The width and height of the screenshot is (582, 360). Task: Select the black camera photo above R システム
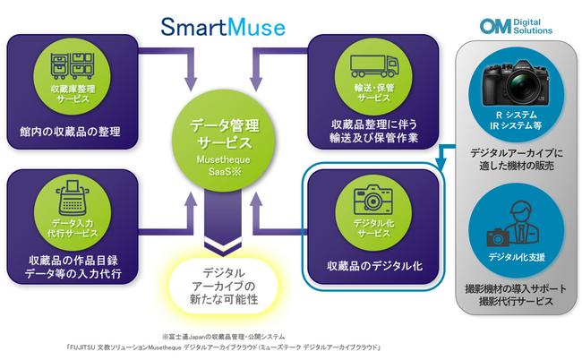pos(514,84)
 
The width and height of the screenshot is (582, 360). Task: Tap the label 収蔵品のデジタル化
pos(374,266)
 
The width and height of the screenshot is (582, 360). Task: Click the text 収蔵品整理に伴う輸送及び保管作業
pos(374,133)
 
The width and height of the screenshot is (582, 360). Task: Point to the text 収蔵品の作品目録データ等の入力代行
pos(72,268)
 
